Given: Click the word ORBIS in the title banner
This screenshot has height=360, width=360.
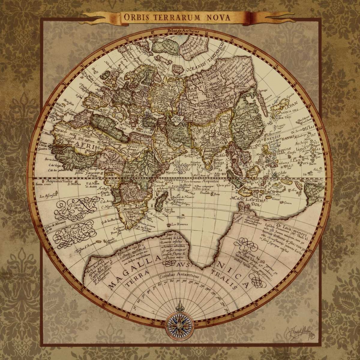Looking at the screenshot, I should click(x=134, y=17).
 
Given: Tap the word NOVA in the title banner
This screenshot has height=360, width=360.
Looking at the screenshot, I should click(x=218, y=17).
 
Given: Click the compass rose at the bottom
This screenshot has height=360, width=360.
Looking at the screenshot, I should click(x=180, y=322).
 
